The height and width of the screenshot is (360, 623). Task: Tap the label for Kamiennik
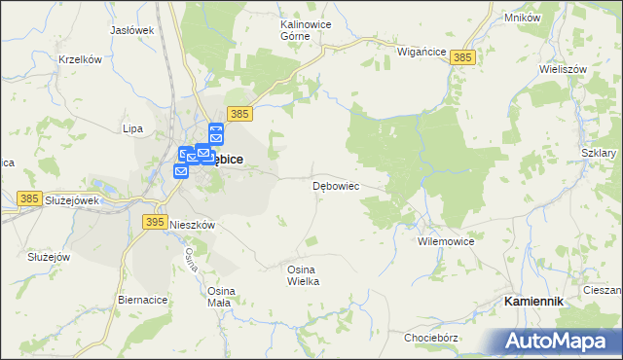tap(533, 302)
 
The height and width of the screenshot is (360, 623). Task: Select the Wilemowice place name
tap(445, 240)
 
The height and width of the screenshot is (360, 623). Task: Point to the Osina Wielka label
tap(303, 274)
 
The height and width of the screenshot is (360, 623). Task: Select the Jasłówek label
tap(132, 30)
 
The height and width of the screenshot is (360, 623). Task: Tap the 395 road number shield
tap(154, 222)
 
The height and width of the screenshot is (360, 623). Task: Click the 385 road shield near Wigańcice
tap(462, 59)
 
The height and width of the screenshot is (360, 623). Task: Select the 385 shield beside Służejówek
tap(28, 198)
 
